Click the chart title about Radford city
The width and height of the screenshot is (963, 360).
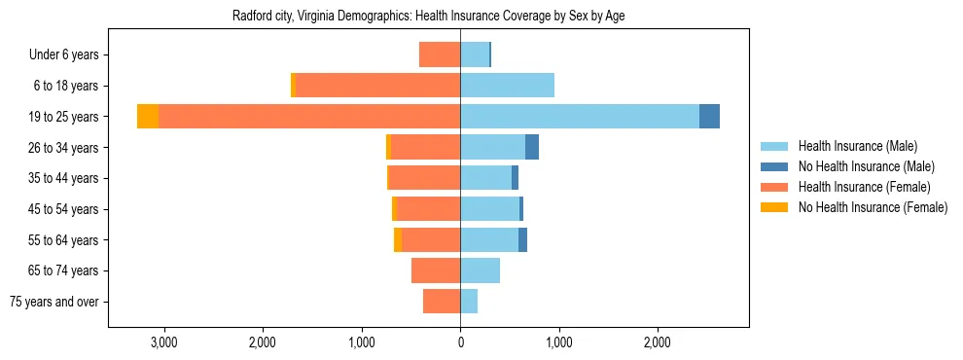tap(434, 17)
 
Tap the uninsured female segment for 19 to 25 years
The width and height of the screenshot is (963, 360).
tap(148, 117)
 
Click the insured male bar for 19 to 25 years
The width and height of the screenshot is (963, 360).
tap(580, 117)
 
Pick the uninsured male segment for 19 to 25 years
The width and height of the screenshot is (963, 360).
tap(709, 117)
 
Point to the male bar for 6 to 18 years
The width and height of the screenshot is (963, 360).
tap(507, 86)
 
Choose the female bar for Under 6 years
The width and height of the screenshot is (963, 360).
tap(440, 54)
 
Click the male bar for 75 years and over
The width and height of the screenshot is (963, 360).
tap(469, 302)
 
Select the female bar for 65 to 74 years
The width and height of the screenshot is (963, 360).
tap(436, 270)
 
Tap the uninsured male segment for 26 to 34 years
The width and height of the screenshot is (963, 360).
tap(532, 147)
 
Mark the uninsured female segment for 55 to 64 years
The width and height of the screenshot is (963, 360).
tap(398, 239)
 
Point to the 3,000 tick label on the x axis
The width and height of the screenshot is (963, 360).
tap(163, 342)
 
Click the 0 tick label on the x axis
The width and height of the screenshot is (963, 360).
tap(460, 342)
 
